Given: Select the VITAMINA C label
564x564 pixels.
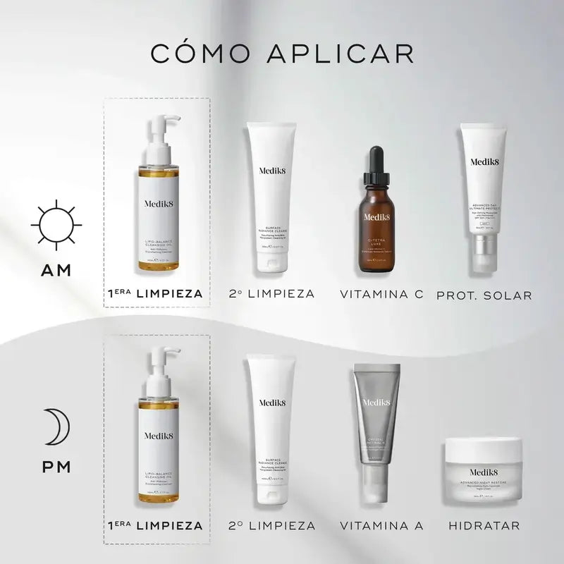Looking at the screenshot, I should click(381, 294).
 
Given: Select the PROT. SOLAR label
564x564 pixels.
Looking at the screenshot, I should click(484, 294).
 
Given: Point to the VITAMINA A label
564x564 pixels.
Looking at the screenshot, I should click(382, 525).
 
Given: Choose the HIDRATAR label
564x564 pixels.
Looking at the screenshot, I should click(484, 525).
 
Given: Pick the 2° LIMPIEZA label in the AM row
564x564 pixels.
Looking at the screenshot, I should click(271, 294).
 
